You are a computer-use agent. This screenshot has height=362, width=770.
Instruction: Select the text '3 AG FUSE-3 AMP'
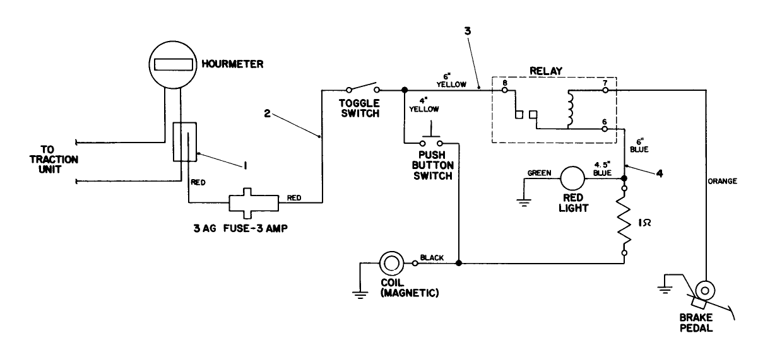pyautogui.click(x=240, y=229)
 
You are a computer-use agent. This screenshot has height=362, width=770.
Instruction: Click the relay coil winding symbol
pyautogui.click(x=572, y=108)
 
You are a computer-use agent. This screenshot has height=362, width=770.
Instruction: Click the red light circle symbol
pyautogui.click(x=573, y=179)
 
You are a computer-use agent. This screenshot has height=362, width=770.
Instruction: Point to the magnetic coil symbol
pyautogui.click(x=391, y=262)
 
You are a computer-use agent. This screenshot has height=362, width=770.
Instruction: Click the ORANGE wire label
pyautogui.click(x=722, y=181)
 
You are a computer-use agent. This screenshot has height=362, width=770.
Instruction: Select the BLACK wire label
pyautogui.click(x=432, y=257)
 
